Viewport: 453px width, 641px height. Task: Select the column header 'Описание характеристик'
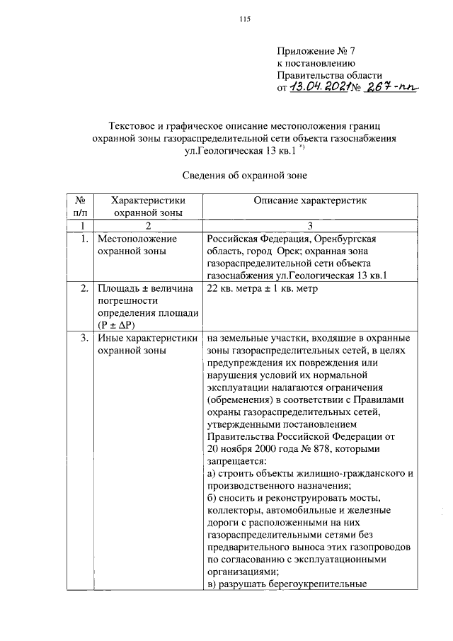tap(311, 200)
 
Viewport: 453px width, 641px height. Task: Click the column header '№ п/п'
tap(80, 206)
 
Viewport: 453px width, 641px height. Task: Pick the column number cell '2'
tap(148, 225)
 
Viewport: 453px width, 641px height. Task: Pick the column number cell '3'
tap(311, 225)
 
